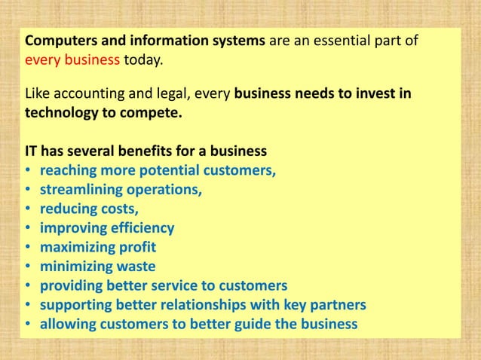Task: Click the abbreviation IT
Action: click(x=32, y=150)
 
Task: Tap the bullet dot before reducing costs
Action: click(x=29, y=209)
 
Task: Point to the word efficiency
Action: click(x=140, y=228)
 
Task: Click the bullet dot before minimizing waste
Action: click(x=29, y=267)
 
